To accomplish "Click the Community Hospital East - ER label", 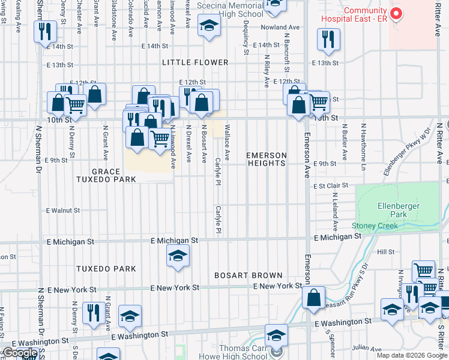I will point(365,16).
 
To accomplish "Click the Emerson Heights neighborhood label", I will point(267,159).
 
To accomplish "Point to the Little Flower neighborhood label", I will point(195,62).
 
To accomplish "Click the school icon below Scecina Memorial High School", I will point(209,26).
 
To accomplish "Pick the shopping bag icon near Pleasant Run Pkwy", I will point(314,297).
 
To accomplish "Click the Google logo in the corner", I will point(20,353).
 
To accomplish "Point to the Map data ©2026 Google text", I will point(412,355).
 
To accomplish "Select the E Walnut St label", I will point(63,211).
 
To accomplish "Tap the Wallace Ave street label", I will point(227,138).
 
